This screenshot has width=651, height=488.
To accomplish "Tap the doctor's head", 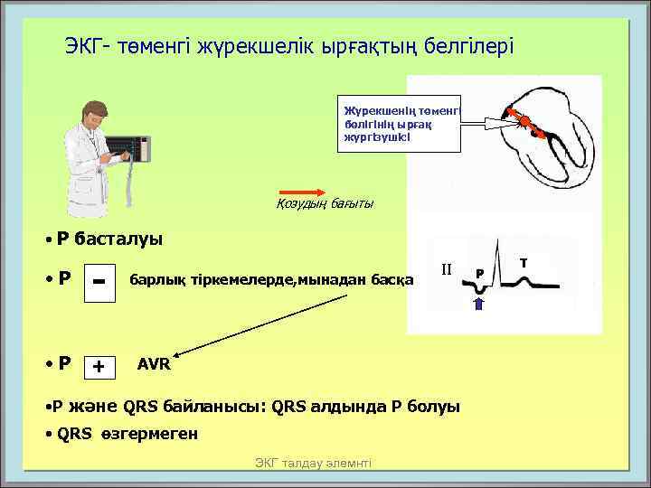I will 95,114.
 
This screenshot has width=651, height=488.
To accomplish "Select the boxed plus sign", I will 99,366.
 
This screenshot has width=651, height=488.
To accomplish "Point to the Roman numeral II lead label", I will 446,269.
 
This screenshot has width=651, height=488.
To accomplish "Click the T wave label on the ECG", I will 523,261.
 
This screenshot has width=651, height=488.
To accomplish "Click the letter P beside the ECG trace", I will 480,272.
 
